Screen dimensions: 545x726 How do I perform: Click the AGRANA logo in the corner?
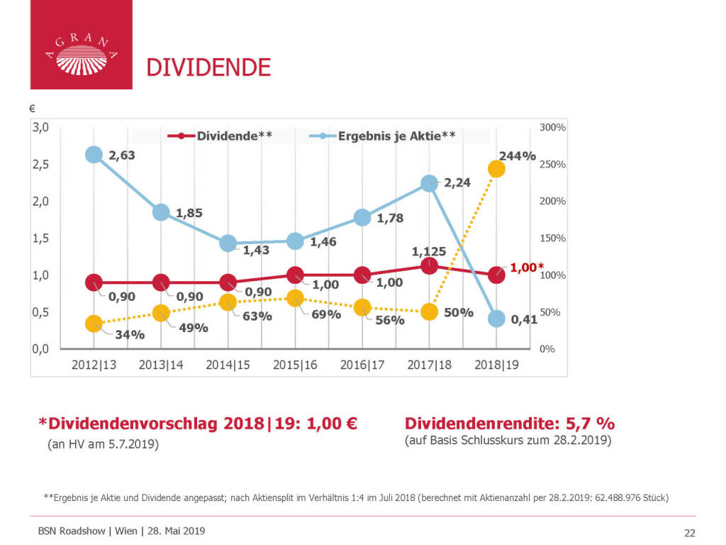point(81,45)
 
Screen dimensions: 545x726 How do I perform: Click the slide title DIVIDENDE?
point(208,67)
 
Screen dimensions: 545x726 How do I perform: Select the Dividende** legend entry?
point(220,136)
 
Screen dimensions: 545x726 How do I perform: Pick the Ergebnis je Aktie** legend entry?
point(384,136)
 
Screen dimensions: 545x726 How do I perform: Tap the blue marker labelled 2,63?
point(94,155)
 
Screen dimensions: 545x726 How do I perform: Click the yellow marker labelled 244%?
point(496,169)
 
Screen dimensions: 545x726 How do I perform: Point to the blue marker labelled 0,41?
point(496,319)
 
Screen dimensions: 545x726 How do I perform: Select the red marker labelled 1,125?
point(429,265)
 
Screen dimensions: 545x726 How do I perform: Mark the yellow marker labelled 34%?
point(94,324)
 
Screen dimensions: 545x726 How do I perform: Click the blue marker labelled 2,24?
point(429,184)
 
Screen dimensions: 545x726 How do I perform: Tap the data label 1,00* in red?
point(527,268)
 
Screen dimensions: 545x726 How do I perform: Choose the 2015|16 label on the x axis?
point(295,365)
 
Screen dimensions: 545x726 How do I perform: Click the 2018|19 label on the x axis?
point(496,365)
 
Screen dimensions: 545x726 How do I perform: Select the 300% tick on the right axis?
point(552,128)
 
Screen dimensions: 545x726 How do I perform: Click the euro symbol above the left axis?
point(32,109)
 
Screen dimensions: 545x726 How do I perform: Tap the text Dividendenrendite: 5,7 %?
point(509,424)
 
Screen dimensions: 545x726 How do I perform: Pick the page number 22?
point(689,533)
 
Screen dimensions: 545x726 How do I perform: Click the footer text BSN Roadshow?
point(72,531)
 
